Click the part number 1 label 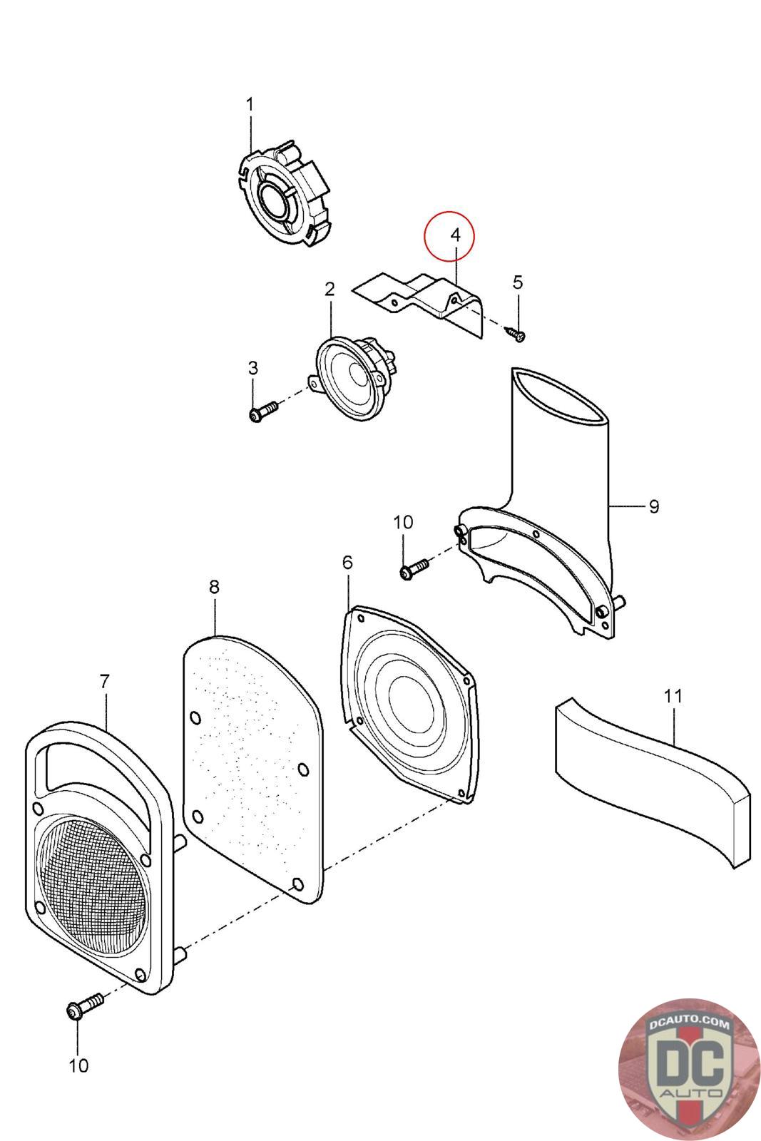pos(250,105)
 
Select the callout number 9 pos(653,506)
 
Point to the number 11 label pos(673,695)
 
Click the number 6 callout pos(347,563)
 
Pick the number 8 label pos(214,587)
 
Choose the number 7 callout pos(104,682)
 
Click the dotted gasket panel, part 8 pos(250,756)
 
